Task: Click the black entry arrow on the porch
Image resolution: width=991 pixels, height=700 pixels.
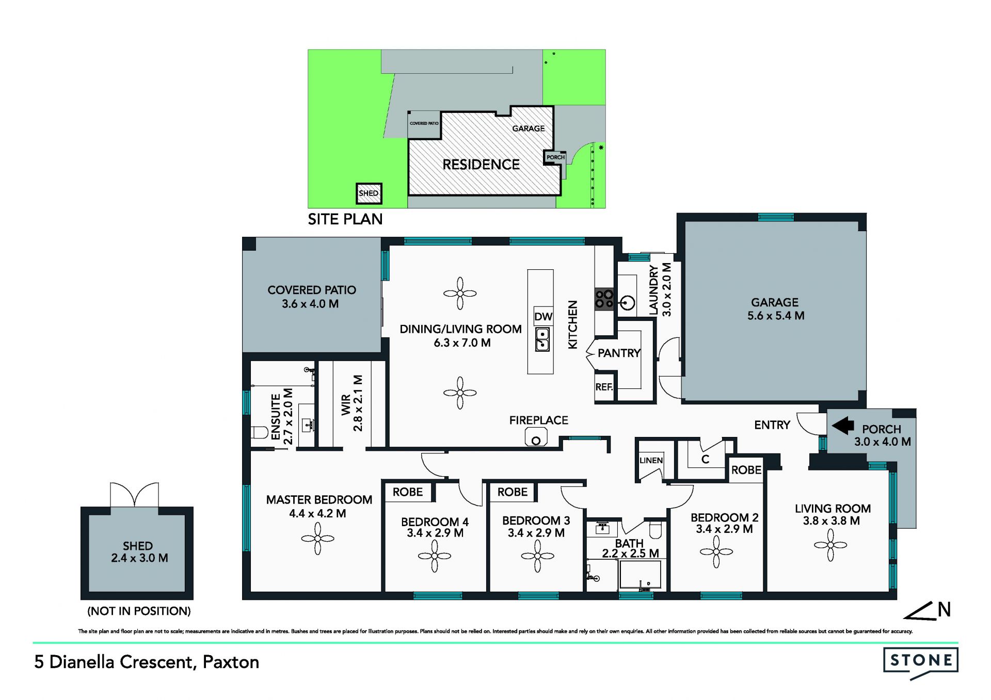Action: [x=843, y=426]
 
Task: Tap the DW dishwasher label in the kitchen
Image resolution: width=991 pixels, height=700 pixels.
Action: [x=543, y=317]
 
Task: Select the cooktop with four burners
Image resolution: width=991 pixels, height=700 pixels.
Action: [x=604, y=299]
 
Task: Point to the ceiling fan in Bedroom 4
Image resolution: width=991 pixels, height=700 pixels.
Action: [x=435, y=556]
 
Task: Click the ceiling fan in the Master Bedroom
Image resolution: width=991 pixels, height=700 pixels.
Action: [x=317, y=539]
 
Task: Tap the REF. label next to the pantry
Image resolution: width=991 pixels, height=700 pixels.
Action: [x=604, y=387]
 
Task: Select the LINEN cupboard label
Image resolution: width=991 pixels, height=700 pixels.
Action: [x=651, y=460]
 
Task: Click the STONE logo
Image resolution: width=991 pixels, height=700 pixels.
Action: [x=921, y=663]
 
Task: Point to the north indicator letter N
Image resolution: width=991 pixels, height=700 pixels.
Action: [x=944, y=610]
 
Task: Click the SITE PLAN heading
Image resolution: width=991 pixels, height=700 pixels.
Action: [x=345, y=219]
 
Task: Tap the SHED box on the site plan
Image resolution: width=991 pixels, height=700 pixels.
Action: [x=369, y=193]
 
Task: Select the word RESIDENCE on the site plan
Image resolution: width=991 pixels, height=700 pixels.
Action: [x=481, y=165]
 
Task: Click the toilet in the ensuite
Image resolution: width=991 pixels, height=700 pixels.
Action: [x=260, y=432]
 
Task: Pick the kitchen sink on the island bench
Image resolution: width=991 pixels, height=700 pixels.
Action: [x=542, y=340]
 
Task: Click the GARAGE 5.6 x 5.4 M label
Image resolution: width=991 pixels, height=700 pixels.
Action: [x=775, y=309]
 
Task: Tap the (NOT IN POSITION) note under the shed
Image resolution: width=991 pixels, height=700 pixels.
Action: [x=139, y=611]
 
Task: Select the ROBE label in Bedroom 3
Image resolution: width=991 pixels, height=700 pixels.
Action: [x=513, y=492]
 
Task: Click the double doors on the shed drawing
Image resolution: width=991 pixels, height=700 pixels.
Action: [x=134, y=495]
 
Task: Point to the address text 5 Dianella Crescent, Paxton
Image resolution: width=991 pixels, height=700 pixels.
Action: [x=147, y=662]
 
